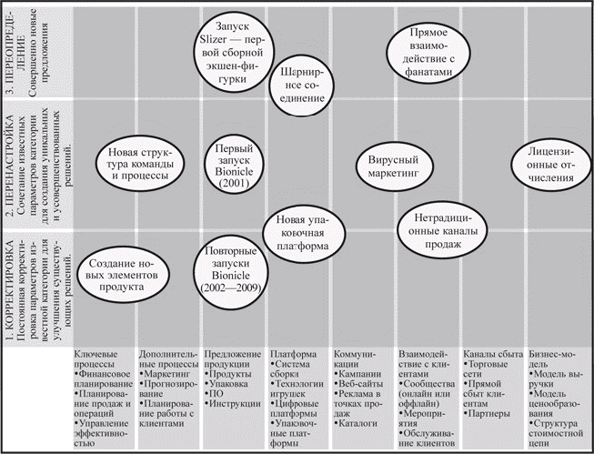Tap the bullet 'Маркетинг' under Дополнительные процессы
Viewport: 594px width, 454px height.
(x=169, y=373)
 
